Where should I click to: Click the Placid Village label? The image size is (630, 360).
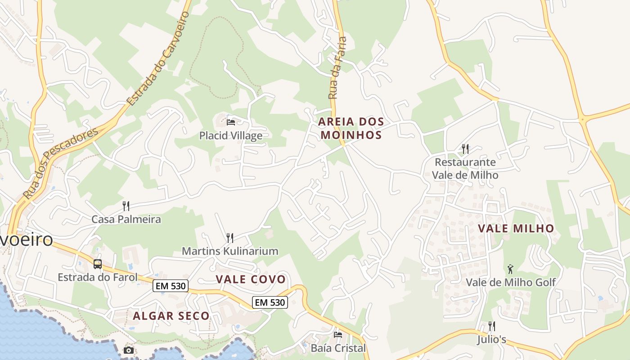click(231, 135)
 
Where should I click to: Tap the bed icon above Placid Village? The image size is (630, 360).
click(231, 122)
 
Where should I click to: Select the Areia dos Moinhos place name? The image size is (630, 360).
click(351, 128)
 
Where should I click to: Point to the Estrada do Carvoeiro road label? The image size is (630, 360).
click(158, 58)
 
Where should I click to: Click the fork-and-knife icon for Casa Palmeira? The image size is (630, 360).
click(126, 206)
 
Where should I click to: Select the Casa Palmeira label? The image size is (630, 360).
click(126, 220)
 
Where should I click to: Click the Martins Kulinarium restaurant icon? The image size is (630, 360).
click(229, 238)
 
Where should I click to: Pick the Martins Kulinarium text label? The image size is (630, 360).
click(229, 251)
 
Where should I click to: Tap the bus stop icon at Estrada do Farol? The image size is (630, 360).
click(98, 264)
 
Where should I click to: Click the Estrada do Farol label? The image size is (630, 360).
click(98, 277)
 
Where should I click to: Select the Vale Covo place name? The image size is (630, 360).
click(251, 279)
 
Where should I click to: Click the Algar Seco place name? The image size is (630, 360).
click(171, 316)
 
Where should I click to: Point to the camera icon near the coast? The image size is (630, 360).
click(129, 350)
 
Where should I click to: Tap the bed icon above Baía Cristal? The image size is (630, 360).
click(338, 334)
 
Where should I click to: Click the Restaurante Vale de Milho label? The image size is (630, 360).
click(465, 168)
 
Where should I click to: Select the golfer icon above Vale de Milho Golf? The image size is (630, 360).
click(510, 269)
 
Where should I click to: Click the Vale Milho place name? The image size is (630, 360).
click(516, 229)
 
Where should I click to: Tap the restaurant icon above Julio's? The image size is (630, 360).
click(492, 326)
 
